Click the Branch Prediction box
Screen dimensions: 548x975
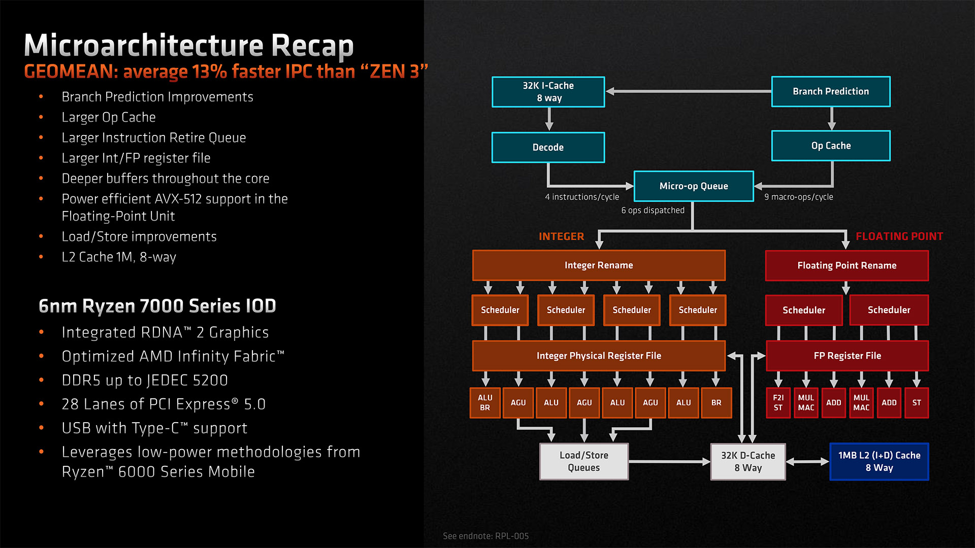pyautogui.click(x=830, y=91)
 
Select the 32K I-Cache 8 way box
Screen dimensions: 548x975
pyautogui.click(x=548, y=92)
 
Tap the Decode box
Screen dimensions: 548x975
pyautogui.click(x=548, y=147)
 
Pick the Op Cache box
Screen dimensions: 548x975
pyautogui.click(x=830, y=146)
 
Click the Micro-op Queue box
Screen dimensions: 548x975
pyautogui.click(x=693, y=186)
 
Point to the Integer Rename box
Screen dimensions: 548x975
pyautogui.click(x=599, y=265)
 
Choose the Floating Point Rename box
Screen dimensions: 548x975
pyautogui.click(x=847, y=265)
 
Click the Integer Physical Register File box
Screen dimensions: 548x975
pyautogui.click(x=599, y=356)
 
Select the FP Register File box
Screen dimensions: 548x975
pyautogui.click(x=847, y=356)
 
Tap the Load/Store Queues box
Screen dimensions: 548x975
pyautogui.click(x=583, y=461)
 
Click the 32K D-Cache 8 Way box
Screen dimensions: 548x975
pyautogui.click(x=747, y=461)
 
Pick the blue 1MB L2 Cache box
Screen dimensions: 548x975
pyautogui.click(x=879, y=461)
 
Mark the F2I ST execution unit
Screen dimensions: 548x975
pyautogui.click(x=778, y=403)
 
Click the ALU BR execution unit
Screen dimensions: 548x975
pyautogui.click(x=485, y=403)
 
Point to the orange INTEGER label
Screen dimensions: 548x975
pyautogui.click(x=561, y=236)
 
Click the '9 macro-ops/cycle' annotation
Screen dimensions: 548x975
pyautogui.click(x=798, y=197)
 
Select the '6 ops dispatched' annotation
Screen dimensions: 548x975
pyautogui.click(x=653, y=211)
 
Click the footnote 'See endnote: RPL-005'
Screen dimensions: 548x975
pyautogui.click(x=485, y=536)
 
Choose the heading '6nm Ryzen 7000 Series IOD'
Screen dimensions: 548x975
pyautogui.click(x=157, y=306)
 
